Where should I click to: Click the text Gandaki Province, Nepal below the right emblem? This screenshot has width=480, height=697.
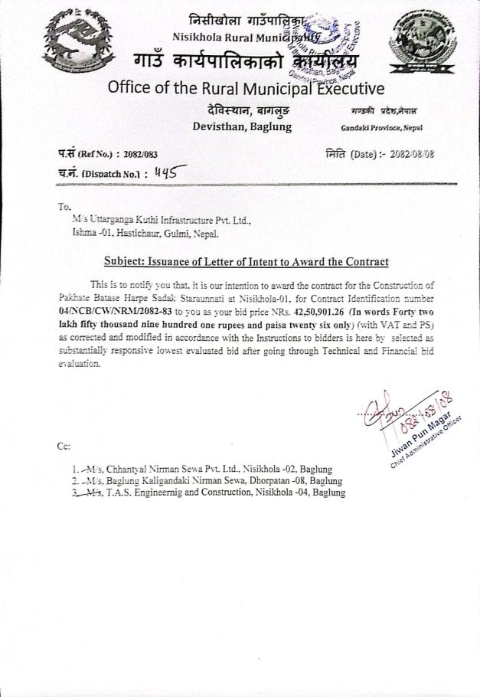pyautogui.click(x=381, y=127)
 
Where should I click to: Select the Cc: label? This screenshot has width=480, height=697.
pyautogui.click(x=64, y=446)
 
